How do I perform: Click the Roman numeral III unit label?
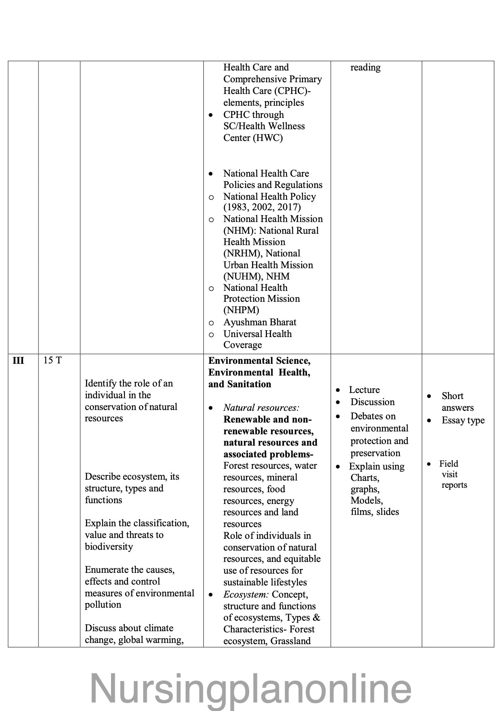click(18, 361)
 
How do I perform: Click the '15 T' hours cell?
click(52, 360)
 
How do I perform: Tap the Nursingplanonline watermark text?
click(250, 688)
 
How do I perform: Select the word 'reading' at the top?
click(365, 67)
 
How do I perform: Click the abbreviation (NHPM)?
click(241, 310)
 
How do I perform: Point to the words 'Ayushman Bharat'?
click(260, 322)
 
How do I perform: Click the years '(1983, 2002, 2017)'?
click(262, 207)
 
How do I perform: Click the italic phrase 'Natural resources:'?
click(261, 408)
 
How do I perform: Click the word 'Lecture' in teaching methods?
click(364, 390)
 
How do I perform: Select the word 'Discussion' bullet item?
click(372, 402)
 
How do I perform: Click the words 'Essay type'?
click(463, 420)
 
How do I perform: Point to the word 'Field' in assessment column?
click(449, 463)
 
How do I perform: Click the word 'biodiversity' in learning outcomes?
click(109, 547)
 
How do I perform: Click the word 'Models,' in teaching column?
click(367, 500)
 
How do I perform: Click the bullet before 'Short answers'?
click(429, 396)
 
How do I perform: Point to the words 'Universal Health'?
click(257, 334)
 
